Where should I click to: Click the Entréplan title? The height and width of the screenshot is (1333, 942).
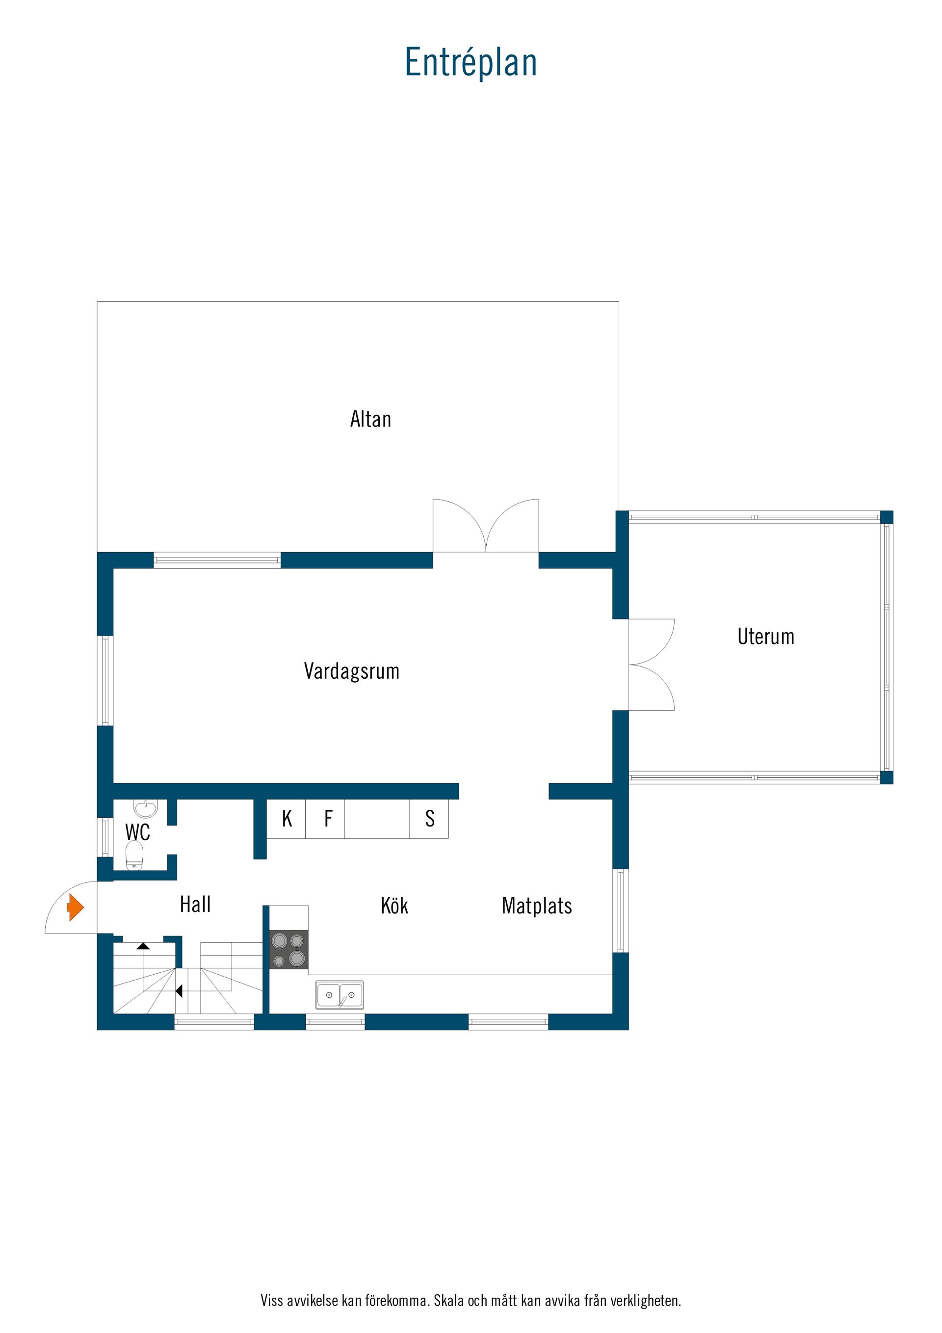tap(471, 63)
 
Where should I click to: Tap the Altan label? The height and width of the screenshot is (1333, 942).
tap(370, 419)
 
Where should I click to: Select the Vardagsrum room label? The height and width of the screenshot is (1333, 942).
tap(352, 671)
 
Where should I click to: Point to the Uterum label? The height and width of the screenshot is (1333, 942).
tap(765, 636)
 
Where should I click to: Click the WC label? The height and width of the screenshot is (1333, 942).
tap(137, 832)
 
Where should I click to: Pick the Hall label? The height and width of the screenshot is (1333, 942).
tap(195, 904)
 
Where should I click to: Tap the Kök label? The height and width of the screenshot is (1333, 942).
tap(394, 905)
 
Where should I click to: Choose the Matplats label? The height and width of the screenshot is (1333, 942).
tap(537, 906)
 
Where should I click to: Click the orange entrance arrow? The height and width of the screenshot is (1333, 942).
tap(76, 907)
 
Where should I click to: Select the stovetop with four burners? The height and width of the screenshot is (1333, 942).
tap(288, 949)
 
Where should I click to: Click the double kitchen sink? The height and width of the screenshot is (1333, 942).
tap(340, 995)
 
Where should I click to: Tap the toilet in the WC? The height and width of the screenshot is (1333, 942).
tap(134, 856)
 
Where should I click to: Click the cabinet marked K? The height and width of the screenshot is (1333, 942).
tap(286, 819)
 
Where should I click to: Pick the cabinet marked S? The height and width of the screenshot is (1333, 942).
tap(429, 819)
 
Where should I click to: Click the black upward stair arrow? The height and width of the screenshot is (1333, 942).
tap(143, 946)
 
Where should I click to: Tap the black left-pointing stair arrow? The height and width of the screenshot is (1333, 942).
tap(179, 991)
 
